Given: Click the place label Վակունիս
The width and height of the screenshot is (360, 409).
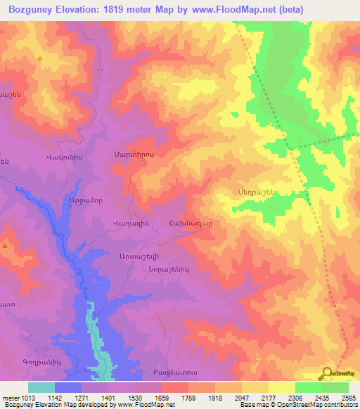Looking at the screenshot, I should click(x=64, y=157).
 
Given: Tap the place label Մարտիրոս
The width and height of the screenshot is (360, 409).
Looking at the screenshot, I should click(x=129, y=153).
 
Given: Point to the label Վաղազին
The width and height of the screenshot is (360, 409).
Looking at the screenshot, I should click(x=128, y=222).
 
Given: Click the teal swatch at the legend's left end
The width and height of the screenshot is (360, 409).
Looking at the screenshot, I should click(x=41, y=387).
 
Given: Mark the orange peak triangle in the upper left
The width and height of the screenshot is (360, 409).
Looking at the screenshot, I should click(x=41, y=58).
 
